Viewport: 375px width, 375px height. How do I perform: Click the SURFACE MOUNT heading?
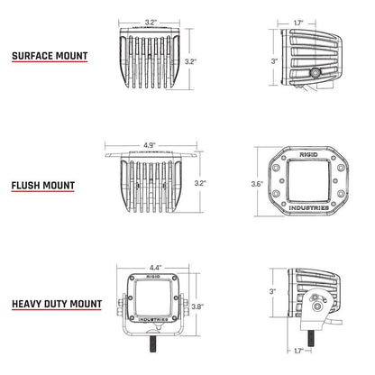tap(50, 56)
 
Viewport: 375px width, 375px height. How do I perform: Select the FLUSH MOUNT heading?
tap(43, 187)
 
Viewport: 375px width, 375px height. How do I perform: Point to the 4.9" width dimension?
tap(151, 142)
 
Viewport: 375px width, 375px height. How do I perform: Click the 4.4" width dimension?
tap(154, 268)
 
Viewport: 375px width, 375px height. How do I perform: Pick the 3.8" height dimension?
tap(210, 306)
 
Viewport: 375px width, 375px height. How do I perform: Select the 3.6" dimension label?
tap(257, 185)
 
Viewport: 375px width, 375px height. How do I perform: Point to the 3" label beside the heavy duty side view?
tap(273, 292)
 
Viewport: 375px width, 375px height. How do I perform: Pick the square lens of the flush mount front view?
tap(310, 185)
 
